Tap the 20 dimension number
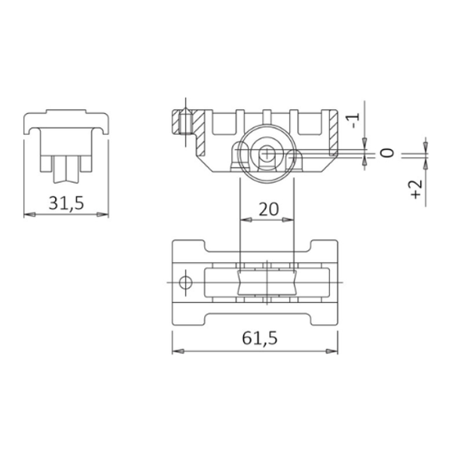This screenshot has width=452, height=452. [267, 209]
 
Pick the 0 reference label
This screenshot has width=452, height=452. [387, 153]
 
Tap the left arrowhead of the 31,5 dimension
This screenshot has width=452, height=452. [29, 215]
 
